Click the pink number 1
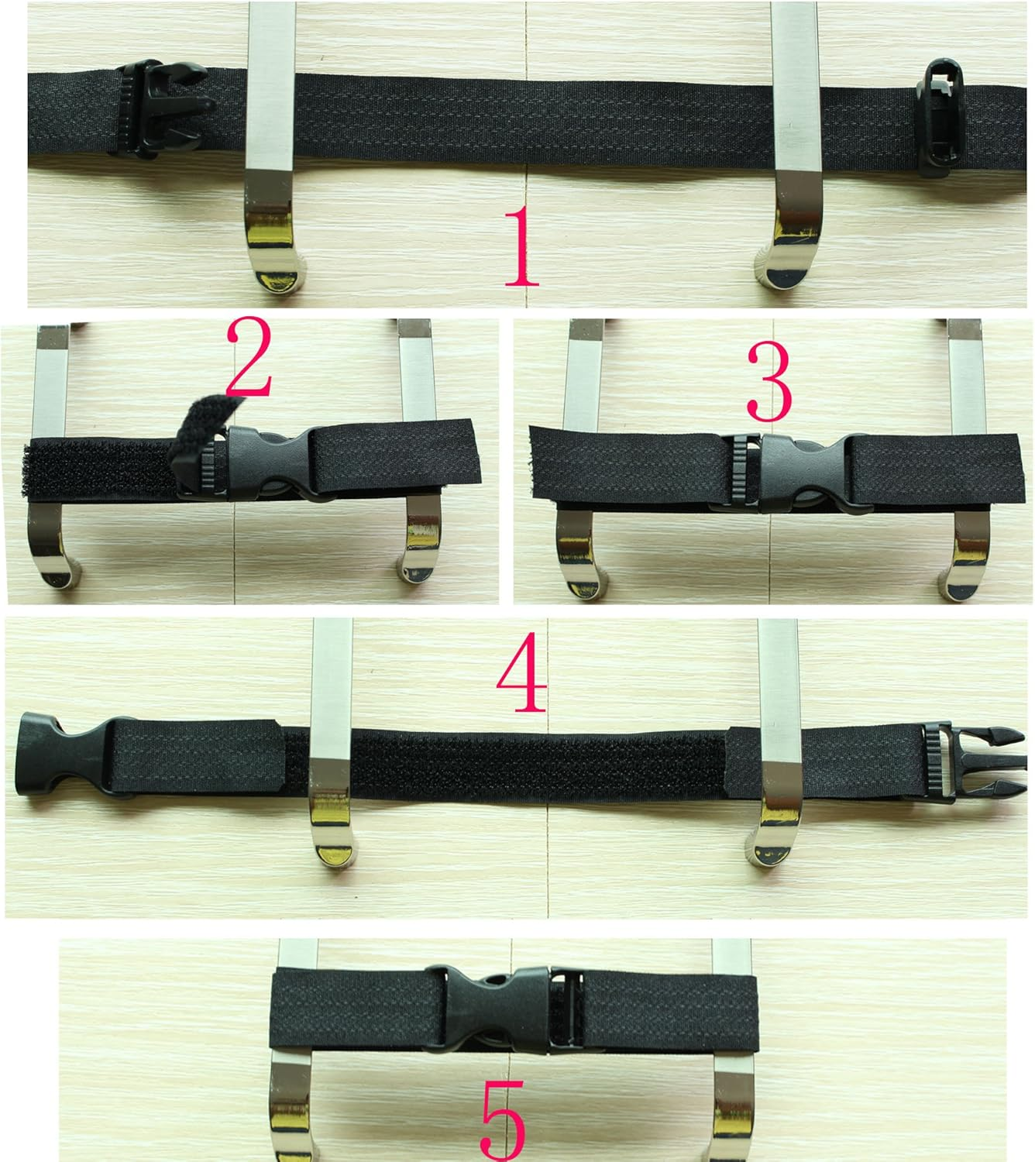tap(521, 246)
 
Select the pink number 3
tap(769, 380)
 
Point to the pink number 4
tap(521, 672)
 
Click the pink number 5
tap(503, 1120)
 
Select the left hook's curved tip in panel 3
tap(577, 573)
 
